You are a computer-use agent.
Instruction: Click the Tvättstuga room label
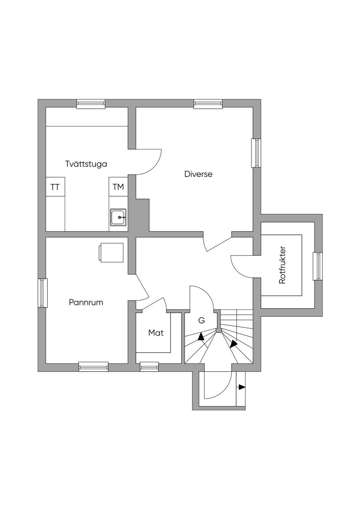coord(86,164)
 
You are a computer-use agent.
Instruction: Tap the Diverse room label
coord(198,174)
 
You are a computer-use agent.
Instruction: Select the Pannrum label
coord(86,302)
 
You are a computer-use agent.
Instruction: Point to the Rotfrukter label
coord(282,265)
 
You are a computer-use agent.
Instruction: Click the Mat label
coord(156,333)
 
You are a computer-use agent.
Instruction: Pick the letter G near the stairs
coord(201,321)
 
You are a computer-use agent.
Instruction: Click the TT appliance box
coord(55,187)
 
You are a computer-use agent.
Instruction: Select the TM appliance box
coord(118,187)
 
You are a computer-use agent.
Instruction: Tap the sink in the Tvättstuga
coord(118,218)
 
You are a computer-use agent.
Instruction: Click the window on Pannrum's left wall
coord(43,293)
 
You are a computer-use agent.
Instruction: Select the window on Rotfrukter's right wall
coord(318,266)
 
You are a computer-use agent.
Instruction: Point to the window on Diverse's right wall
coord(256,153)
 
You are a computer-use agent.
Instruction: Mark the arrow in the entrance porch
coord(242,387)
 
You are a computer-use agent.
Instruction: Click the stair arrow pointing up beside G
coord(201,337)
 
